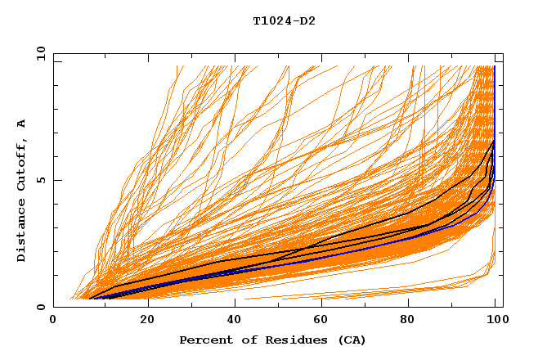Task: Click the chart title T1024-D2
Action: [284, 21]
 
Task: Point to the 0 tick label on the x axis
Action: [53, 321]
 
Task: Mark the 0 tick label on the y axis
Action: [41, 308]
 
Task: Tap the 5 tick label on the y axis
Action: [41, 181]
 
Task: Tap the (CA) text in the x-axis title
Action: [352, 340]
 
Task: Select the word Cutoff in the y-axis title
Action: [22, 164]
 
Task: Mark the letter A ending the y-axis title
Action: [22, 124]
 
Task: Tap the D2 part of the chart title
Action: [308, 21]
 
